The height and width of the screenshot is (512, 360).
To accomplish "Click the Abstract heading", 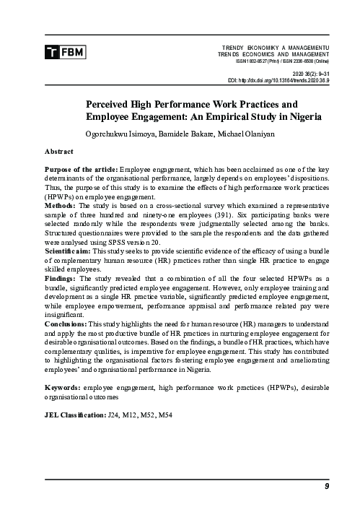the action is pyautogui.click(x=58, y=153).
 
